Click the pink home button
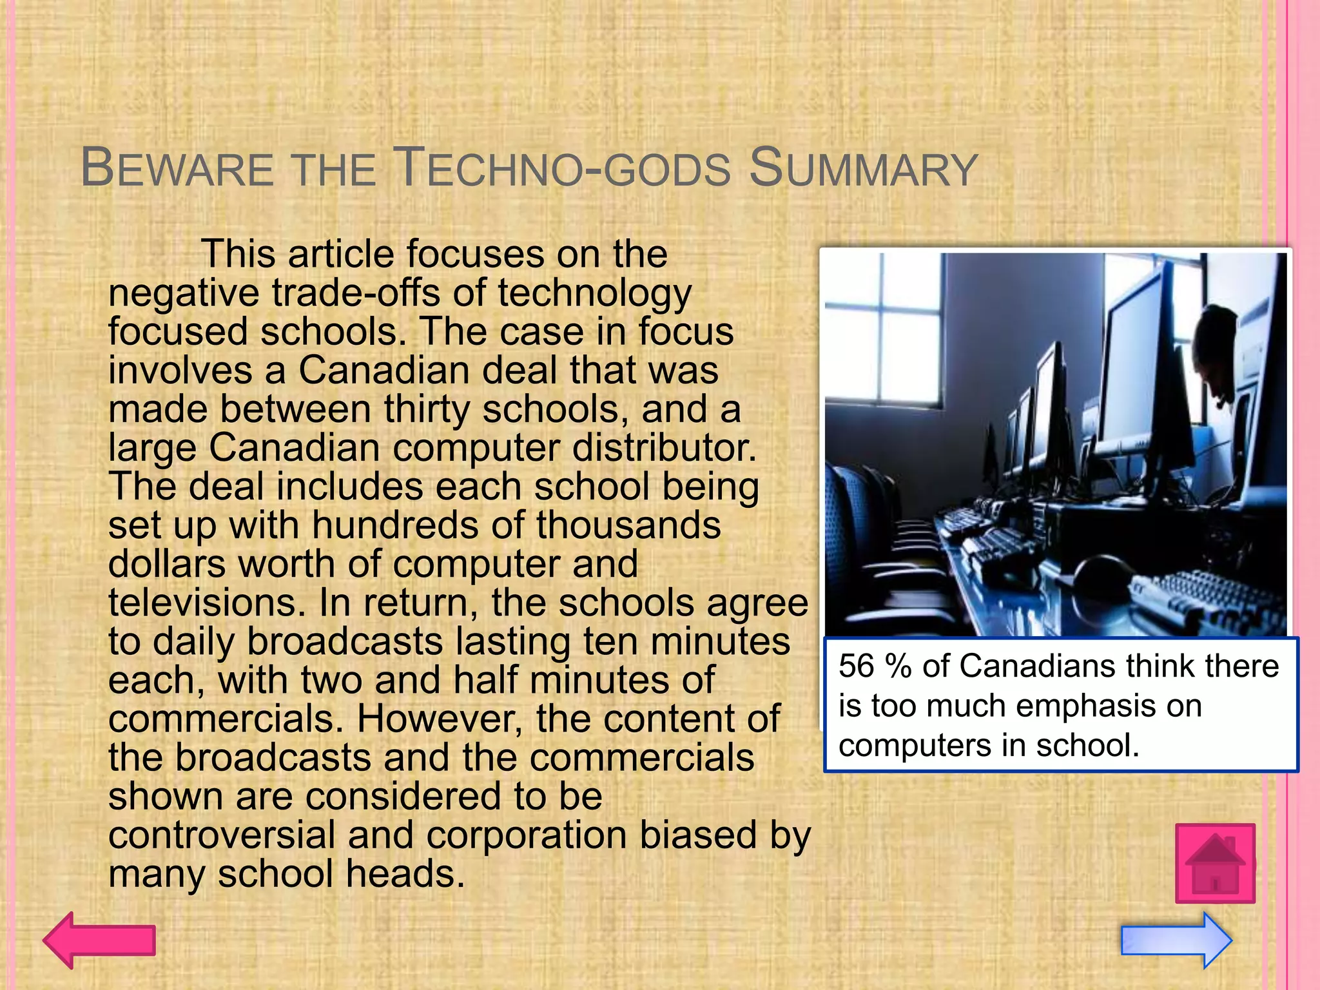(x=1215, y=863)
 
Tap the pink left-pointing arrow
(x=99, y=940)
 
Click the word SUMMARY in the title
(x=864, y=169)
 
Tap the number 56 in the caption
(x=857, y=666)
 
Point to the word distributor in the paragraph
(x=664, y=447)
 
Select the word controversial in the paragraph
(x=222, y=835)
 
